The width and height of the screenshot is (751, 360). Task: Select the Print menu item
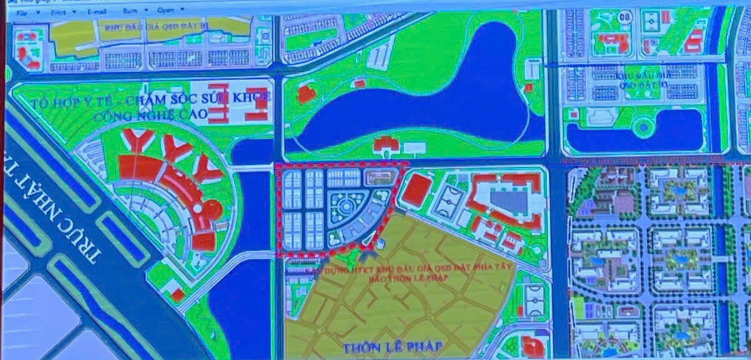[60, 11]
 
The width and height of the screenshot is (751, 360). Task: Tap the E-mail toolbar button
[97, 11]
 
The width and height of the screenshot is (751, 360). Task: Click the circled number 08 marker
[623, 16]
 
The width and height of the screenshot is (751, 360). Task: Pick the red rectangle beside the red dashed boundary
[415, 190]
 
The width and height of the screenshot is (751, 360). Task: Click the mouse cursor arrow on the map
[380, 241]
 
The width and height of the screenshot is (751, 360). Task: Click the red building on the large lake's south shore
[386, 145]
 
